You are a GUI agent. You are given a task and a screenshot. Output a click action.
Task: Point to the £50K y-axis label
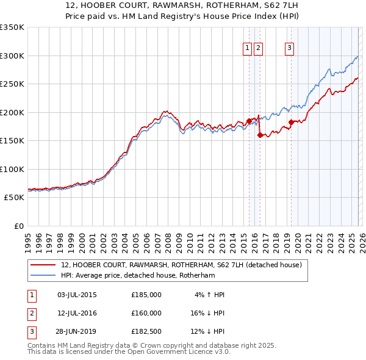tap(14, 198)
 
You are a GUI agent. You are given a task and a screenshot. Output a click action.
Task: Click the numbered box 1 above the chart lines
tap(248, 48)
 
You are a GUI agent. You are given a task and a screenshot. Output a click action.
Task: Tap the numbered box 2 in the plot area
tap(259, 48)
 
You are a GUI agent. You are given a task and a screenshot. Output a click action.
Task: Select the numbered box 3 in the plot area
tap(289, 48)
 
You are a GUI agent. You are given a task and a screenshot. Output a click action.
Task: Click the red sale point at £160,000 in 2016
tap(260, 135)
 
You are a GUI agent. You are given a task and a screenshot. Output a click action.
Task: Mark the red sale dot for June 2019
tap(292, 122)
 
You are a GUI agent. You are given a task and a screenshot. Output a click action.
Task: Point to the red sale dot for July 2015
tap(249, 121)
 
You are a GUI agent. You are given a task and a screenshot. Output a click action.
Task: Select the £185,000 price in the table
tap(146, 295)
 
